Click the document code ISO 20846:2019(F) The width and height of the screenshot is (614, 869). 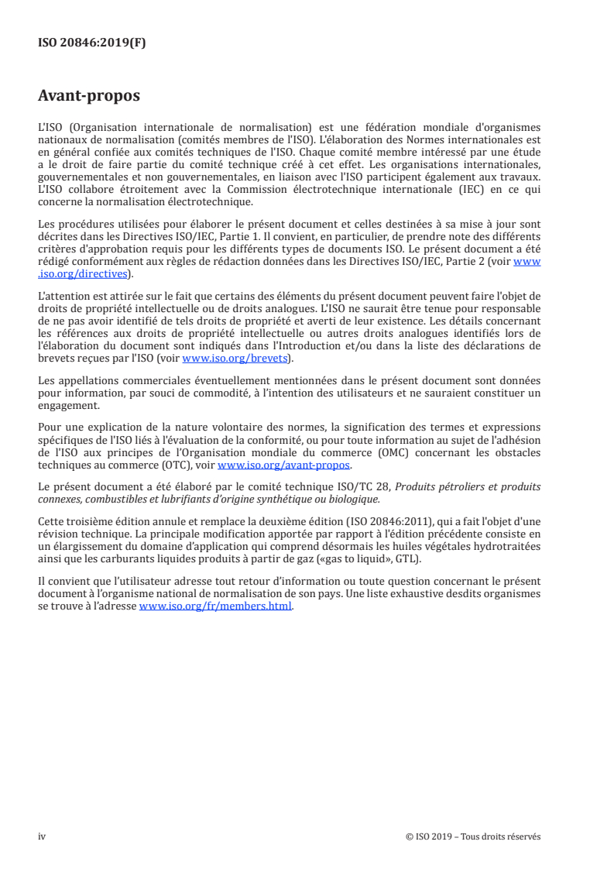coord(92,43)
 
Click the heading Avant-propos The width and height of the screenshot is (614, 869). coord(89,97)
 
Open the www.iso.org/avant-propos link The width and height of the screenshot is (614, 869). coord(284,465)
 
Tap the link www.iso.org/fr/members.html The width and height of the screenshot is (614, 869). coord(215,607)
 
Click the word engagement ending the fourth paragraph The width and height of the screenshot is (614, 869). coord(68,404)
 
